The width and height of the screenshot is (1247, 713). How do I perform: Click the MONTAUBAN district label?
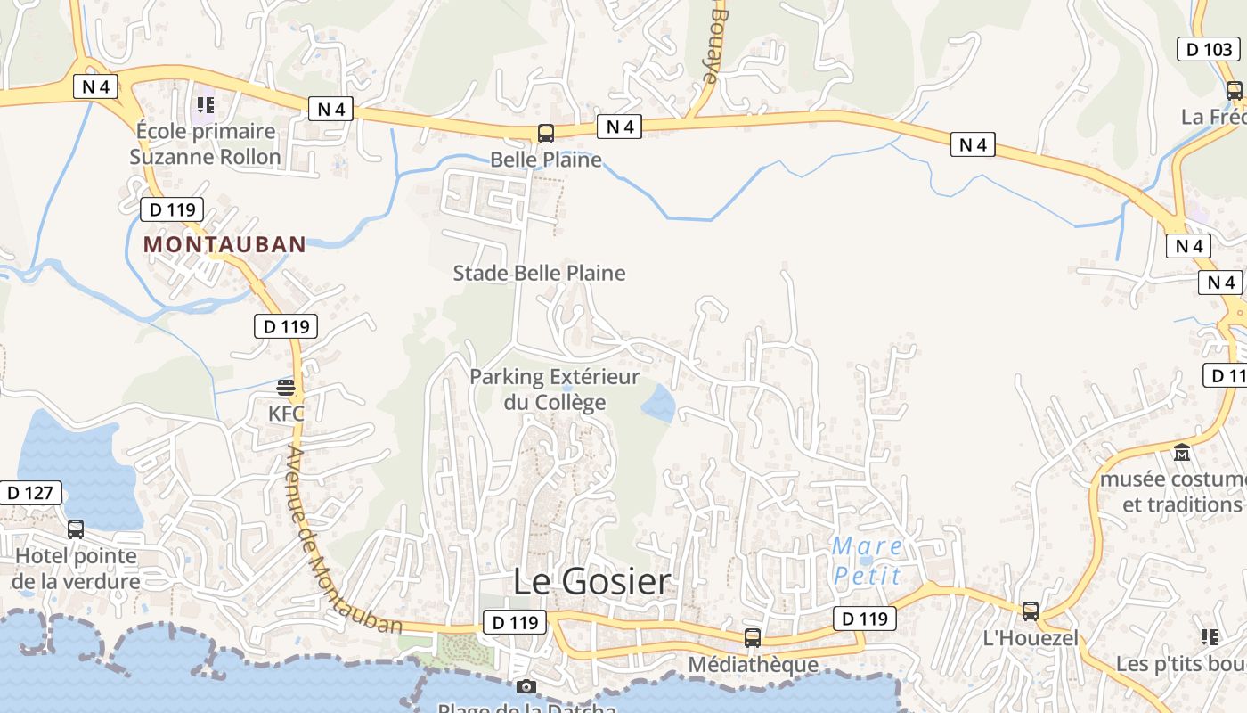click(x=224, y=244)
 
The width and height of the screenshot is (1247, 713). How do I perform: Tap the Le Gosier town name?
click(x=592, y=582)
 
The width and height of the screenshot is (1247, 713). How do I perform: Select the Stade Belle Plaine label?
click(x=540, y=273)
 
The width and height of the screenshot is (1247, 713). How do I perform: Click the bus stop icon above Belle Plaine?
click(x=546, y=134)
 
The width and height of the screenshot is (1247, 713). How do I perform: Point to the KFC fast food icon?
click(x=286, y=387)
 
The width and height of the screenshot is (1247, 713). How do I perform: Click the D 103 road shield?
click(x=1210, y=49)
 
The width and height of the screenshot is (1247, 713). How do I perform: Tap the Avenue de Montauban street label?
click(x=345, y=540)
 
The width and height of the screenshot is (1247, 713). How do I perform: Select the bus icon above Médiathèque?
click(x=753, y=638)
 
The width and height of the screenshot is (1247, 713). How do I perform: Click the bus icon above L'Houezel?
click(x=1031, y=611)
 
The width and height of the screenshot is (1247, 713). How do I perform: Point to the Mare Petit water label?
click(x=868, y=561)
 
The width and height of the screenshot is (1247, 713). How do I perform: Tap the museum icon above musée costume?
click(x=1182, y=453)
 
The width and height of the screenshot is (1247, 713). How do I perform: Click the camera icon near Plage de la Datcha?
click(x=526, y=686)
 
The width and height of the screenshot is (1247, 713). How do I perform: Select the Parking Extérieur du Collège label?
click(x=555, y=389)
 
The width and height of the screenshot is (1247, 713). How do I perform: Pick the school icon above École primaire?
click(x=206, y=106)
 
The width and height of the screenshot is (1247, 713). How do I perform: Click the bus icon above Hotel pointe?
click(x=76, y=529)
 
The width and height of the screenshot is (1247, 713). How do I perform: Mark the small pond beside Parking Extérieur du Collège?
click(x=658, y=404)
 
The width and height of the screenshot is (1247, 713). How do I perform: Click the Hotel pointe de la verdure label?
click(x=77, y=569)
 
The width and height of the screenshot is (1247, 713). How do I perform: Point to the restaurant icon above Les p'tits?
click(x=1209, y=636)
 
